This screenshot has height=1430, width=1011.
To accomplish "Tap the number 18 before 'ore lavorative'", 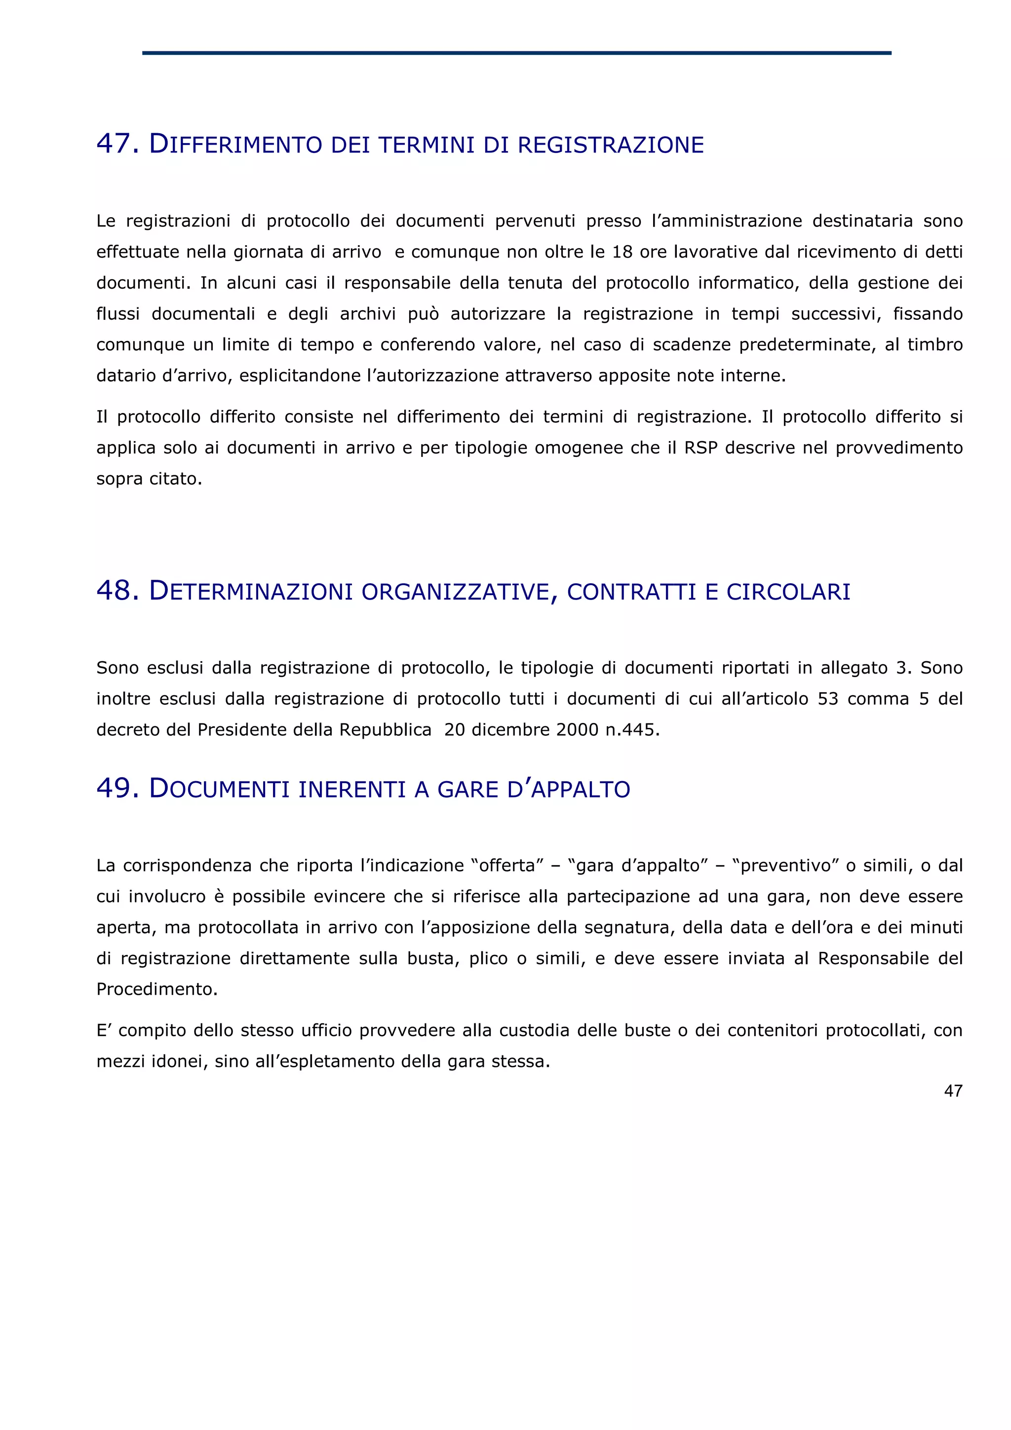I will click(622, 252).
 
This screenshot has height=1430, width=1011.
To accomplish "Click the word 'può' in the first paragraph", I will click(423, 314).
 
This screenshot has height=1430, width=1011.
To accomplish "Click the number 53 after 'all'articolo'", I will click(828, 699).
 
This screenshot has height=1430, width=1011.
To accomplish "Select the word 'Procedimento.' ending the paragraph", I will click(157, 989).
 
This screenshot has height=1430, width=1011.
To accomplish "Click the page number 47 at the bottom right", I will click(953, 1091).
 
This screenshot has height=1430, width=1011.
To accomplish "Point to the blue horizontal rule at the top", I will click(516, 53).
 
